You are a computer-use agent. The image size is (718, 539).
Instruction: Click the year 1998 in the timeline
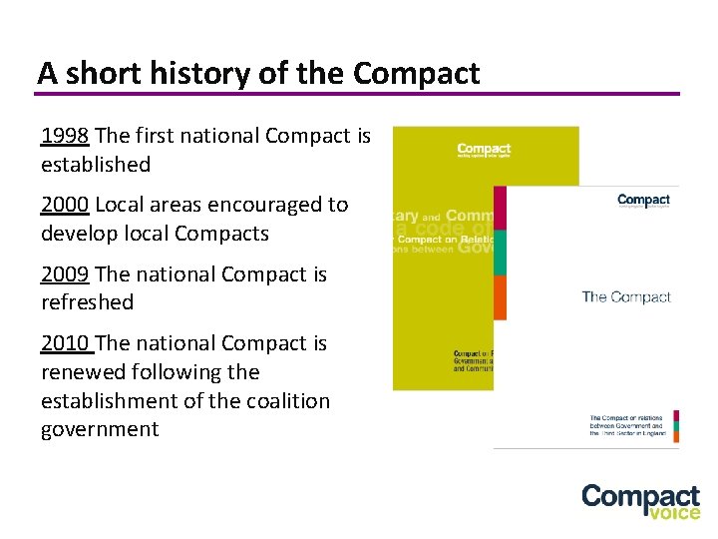(64, 136)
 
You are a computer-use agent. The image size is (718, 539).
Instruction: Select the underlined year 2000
(65, 206)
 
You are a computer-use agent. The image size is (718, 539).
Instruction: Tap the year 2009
(65, 274)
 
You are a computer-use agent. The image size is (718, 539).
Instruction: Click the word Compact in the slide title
(416, 73)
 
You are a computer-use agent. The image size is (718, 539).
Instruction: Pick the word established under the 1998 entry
(96, 164)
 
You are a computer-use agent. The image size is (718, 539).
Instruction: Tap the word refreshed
(87, 301)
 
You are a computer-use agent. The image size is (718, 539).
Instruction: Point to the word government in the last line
(100, 430)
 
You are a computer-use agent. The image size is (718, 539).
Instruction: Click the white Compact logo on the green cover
(484, 150)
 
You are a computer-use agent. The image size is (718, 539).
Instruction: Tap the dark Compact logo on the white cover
(643, 201)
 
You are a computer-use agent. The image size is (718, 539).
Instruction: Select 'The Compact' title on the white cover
(625, 296)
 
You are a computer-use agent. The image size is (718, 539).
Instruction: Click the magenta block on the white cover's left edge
(501, 208)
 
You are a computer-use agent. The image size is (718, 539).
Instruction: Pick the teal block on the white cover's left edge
(501, 252)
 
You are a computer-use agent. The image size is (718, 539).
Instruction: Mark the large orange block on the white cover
(501, 297)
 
